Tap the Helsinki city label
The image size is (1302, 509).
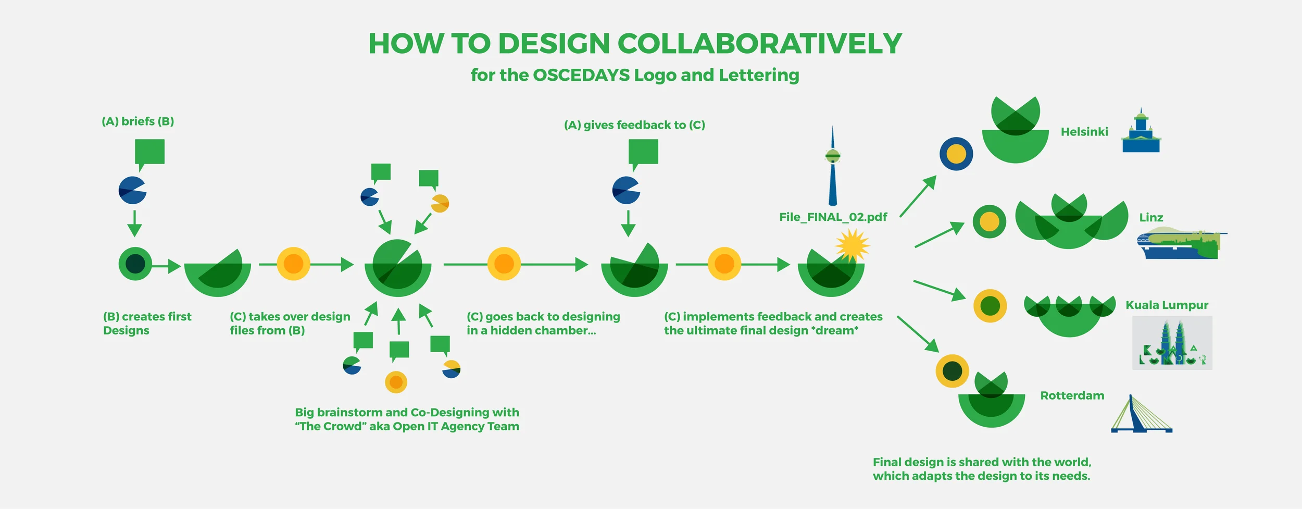(1084, 132)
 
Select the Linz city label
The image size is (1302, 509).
(1151, 217)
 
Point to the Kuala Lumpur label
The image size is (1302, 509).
(1167, 305)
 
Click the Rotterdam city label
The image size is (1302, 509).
(1072, 395)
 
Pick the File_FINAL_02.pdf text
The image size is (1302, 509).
(833, 217)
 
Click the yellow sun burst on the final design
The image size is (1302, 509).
(852, 245)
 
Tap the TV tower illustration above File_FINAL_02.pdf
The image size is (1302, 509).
(832, 167)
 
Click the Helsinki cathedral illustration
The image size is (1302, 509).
(1141, 133)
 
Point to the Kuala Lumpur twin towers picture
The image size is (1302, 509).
(1172, 343)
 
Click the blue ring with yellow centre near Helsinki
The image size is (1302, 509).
(956, 154)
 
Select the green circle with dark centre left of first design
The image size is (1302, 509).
(135, 264)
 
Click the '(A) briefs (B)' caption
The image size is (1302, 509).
(138, 121)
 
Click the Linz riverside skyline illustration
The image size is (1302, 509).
(1180, 244)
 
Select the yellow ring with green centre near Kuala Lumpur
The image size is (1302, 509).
(990, 306)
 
